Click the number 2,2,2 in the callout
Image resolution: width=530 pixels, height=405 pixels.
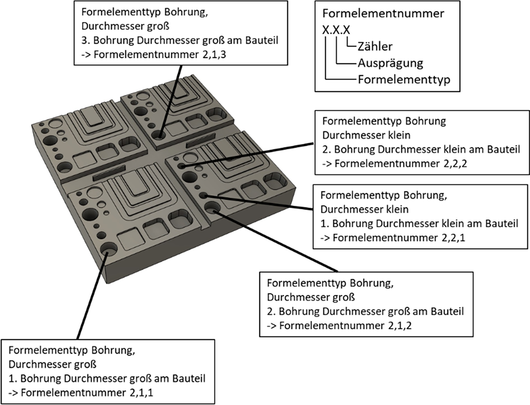[455, 163]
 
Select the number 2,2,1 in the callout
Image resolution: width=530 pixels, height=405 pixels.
[453, 238]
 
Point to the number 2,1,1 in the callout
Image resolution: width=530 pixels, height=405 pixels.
[142, 392]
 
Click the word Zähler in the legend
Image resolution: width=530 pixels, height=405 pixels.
[375, 46]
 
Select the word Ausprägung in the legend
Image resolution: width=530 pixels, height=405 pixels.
[390, 63]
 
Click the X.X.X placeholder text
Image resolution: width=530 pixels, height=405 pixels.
[336, 30]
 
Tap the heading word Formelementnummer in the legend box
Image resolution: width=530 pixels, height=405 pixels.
[383, 13]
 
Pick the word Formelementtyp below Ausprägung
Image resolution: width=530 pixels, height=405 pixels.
[404, 80]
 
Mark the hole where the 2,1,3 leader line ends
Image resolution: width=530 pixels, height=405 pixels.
[159, 135]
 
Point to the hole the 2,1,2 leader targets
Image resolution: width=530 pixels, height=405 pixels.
[212, 208]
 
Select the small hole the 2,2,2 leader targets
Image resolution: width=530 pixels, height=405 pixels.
[181, 166]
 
